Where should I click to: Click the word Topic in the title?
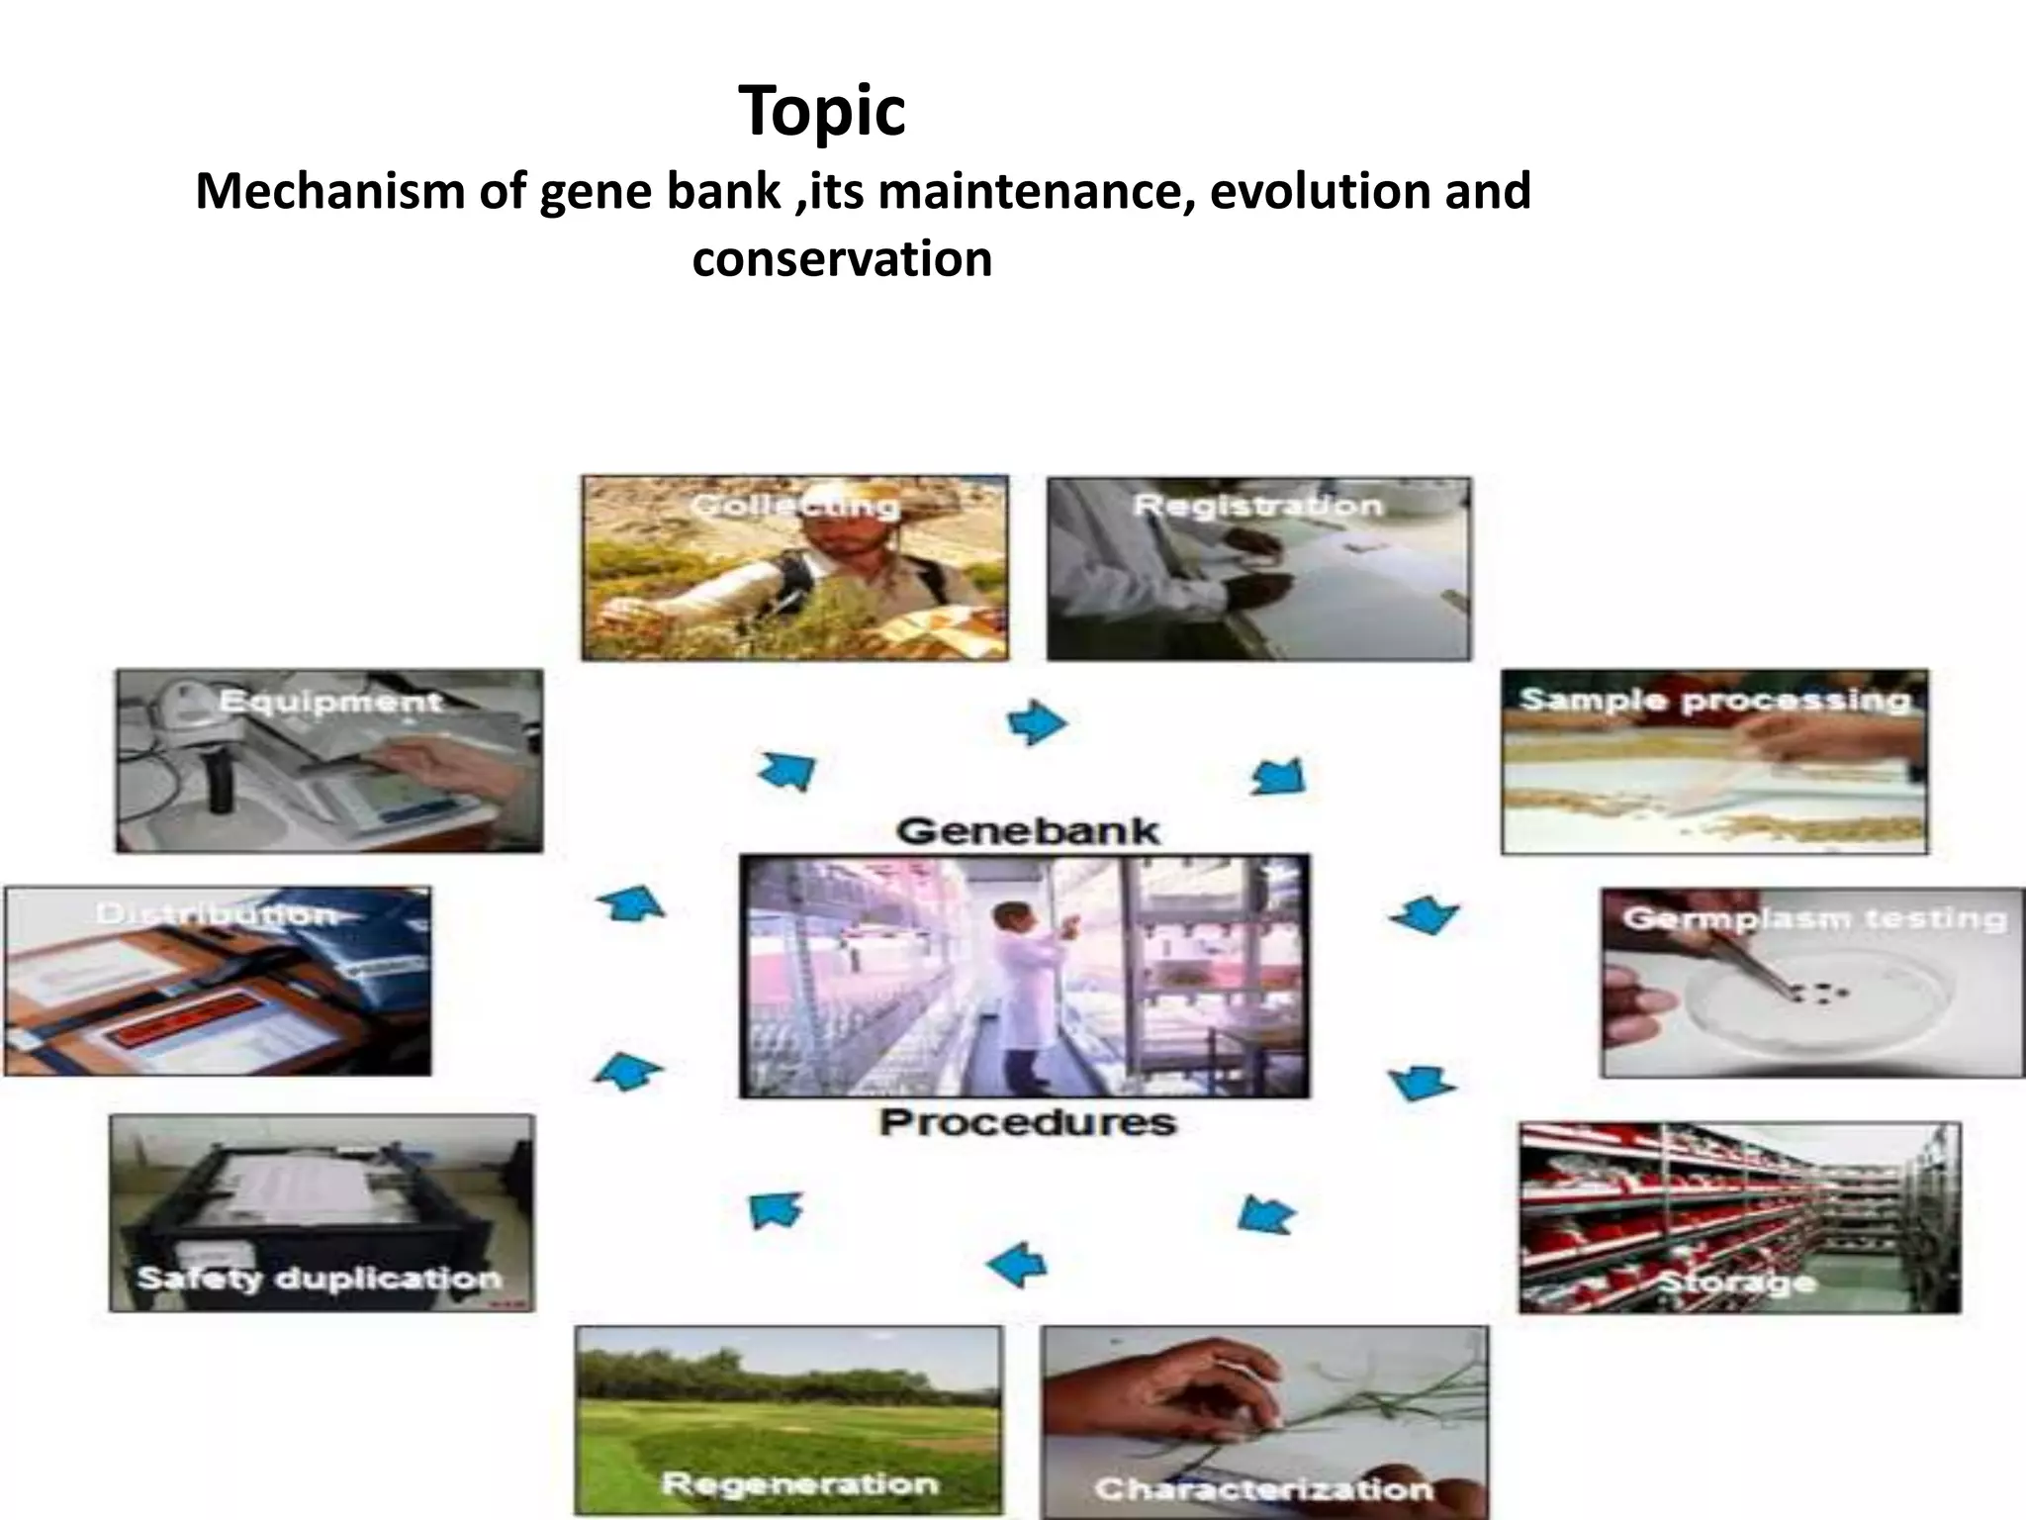[x=821, y=111]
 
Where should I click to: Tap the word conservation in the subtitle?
[x=842, y=259]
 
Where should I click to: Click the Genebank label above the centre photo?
[x=1028, y=829]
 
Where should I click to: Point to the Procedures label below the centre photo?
[x=1028, y=1122]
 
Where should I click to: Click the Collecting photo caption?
[x=794, y=506]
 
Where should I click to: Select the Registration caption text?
[x=1257, y=506]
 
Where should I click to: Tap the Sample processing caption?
[x=1714, y=701]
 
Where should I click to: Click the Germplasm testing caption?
[x=1813, y=918]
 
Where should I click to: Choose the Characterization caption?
[x=1263, y=1487]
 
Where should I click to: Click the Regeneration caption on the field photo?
[x=799, y=1483]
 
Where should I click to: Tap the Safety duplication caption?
[x=319, y=1278]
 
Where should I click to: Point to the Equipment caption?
[x=330, y=702]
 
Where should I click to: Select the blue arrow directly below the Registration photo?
[x=1278, y=777]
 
